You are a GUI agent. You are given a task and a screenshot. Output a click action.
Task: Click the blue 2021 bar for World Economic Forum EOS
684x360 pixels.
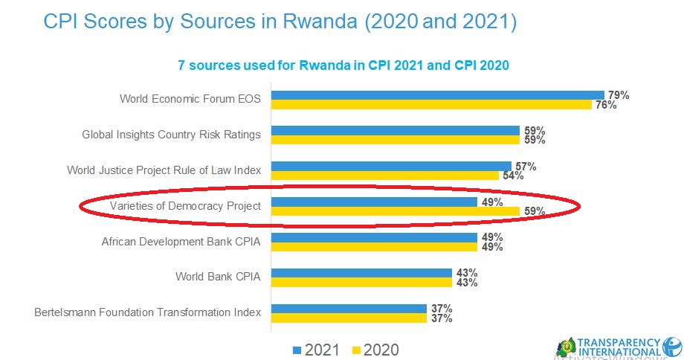tap(437, 95)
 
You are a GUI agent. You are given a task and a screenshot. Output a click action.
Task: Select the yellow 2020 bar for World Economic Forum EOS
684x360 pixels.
tap(431, 105)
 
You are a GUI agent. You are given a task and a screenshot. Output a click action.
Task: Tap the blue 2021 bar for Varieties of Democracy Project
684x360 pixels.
tap(374, 202)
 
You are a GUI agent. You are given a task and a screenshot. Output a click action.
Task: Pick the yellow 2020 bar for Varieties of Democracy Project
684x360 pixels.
tap(395, 211)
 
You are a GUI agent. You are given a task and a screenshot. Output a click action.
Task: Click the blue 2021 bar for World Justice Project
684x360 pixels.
tap(391, 166)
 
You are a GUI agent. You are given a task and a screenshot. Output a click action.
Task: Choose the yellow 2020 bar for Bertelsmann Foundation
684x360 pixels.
tap(349, 318)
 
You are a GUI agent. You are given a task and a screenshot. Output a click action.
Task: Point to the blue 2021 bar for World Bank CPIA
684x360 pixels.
tap(361, 273)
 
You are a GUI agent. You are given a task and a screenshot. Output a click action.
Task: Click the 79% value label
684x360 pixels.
tap(619, 95)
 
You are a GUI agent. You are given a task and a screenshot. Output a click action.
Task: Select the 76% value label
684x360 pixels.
tap(606, 105)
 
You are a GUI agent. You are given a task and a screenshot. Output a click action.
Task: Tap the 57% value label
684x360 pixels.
tap(526, 166)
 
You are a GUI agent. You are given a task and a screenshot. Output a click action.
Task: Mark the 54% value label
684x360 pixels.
tap(513, 176)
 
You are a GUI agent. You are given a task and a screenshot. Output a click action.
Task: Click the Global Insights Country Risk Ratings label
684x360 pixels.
tap(171, 135)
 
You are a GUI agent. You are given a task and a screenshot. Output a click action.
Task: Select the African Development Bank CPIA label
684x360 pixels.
tap(181, 241)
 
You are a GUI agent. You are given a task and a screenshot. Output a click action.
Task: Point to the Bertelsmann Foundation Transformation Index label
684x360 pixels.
tap(147, 312)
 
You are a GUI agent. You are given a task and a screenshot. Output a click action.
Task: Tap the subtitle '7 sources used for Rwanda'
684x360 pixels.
tap(342, 65)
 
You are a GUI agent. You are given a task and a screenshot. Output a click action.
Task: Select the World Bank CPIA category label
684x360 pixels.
tap(218, 277)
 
